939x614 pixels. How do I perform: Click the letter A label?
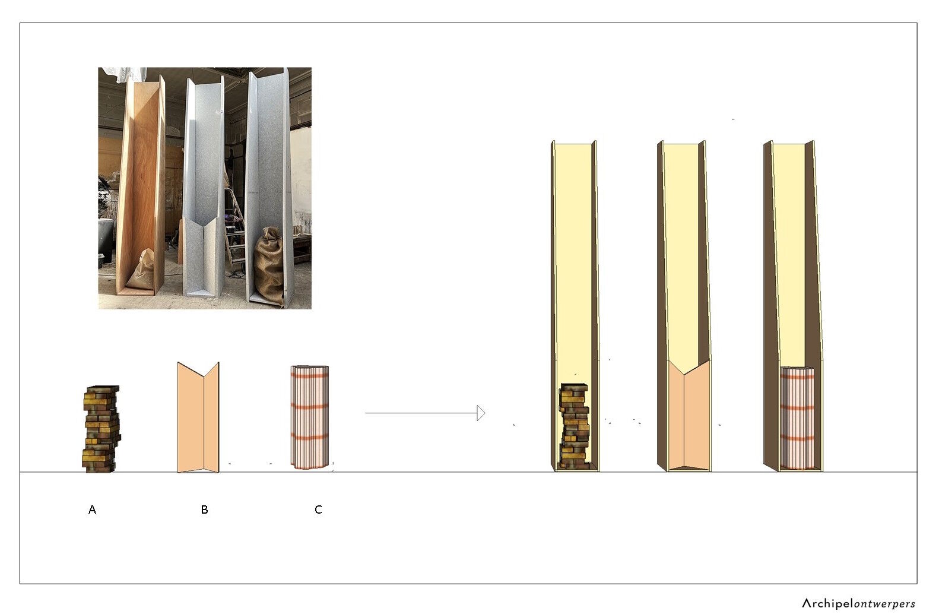92,509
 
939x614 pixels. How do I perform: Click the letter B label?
204,509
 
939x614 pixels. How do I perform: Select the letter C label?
318,509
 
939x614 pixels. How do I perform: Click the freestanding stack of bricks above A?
101,429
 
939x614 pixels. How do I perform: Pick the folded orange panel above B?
198,417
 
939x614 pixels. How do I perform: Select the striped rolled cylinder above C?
310,417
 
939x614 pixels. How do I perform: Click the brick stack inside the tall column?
574,426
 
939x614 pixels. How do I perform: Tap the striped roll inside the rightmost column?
797,418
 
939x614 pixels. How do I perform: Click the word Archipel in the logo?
828,603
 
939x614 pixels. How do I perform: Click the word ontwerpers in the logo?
884,604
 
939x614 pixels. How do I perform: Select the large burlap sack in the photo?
269,265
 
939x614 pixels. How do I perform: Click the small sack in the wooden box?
142,270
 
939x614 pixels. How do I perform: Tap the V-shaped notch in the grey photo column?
203,223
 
